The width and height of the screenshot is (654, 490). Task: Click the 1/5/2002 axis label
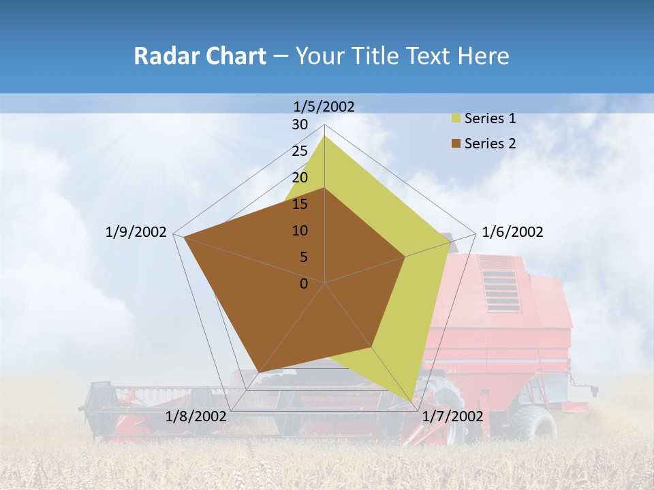click(324, 106)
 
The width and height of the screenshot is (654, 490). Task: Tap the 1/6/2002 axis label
click(512, 232)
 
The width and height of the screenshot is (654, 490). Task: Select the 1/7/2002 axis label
click(452, 416)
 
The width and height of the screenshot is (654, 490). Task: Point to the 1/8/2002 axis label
click(196, 416)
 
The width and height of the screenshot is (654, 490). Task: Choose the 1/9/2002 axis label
click(136, 232)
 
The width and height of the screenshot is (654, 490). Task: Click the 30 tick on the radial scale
click(300, 125)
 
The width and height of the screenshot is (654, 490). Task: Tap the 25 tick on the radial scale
click(300, 151)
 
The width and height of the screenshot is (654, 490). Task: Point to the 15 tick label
click(300, 204)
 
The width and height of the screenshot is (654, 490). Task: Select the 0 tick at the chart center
click(304, 284)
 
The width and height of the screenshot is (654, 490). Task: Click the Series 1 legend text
click(490, 118)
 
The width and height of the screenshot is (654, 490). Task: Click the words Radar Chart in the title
click(200, 56)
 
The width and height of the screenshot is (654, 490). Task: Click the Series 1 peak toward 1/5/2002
click(324, 136)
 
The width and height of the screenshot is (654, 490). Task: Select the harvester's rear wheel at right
click(536, 423)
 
